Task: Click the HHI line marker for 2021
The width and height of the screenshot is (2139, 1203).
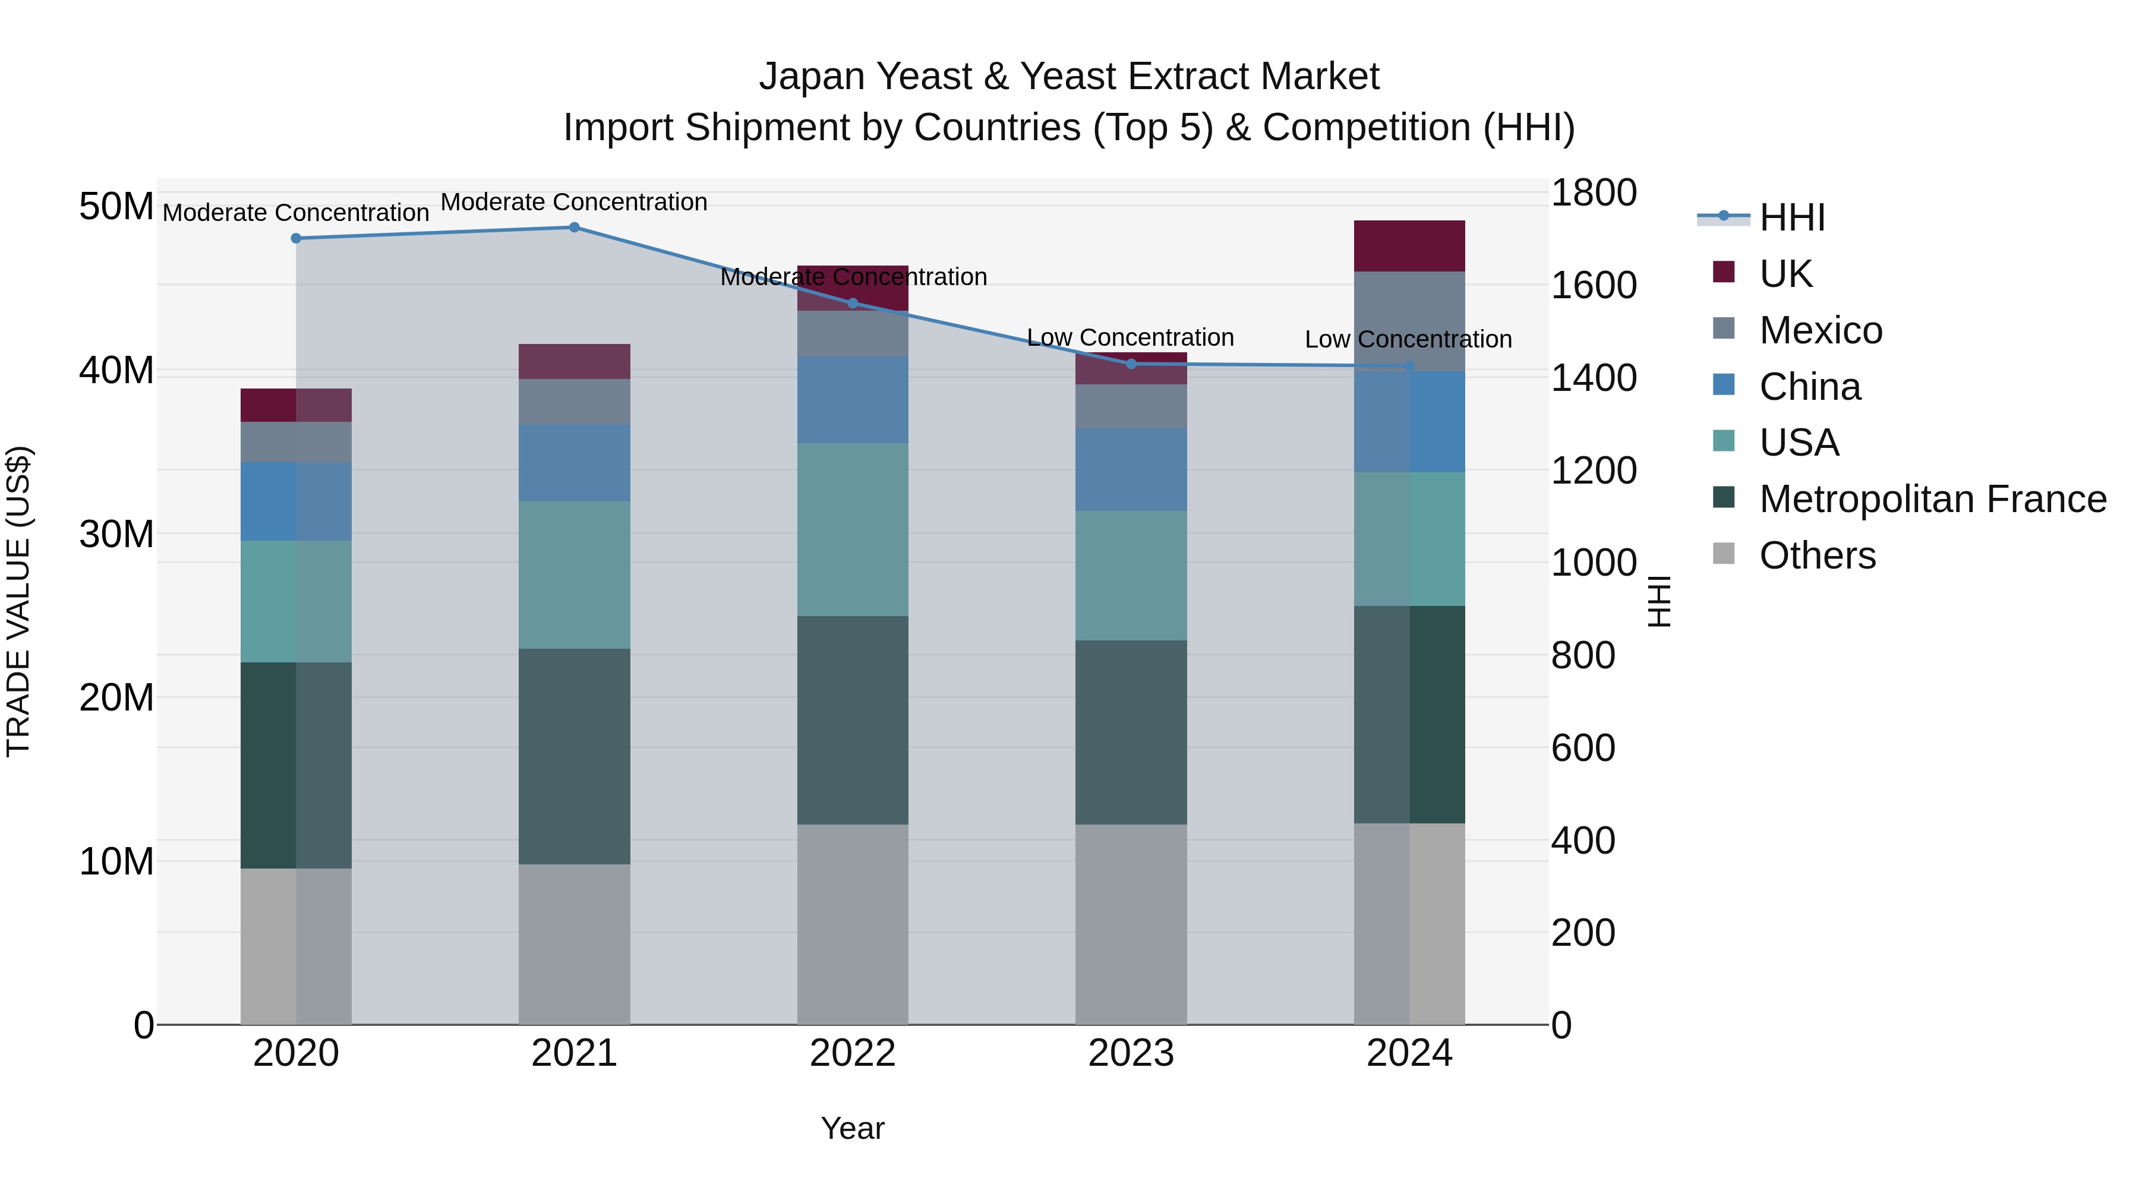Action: (574, 227)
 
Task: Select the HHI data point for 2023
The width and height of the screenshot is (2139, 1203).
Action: (1131, 364)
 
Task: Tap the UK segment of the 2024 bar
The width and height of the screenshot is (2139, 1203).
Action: (1409, 246)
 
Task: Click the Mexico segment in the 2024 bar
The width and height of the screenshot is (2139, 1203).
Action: (1409, 321)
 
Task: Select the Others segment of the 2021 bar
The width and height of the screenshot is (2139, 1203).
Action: (574, 944)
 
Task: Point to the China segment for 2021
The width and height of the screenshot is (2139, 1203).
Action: (574, 463)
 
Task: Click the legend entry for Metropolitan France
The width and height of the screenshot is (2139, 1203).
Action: (1932, 499)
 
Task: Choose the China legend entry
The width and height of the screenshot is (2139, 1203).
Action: (1810, 387)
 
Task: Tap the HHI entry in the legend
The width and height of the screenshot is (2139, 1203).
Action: (1792, 217)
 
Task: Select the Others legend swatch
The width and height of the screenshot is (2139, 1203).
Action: (1724, 554)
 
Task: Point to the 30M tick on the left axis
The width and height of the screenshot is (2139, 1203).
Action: (116, 534)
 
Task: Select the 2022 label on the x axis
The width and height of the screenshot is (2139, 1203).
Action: (853, 1053)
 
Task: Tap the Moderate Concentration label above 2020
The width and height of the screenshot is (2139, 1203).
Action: (296, 213)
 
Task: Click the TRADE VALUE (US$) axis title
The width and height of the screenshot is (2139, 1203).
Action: (18, 601)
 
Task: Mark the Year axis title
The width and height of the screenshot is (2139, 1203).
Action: (853, 1128)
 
